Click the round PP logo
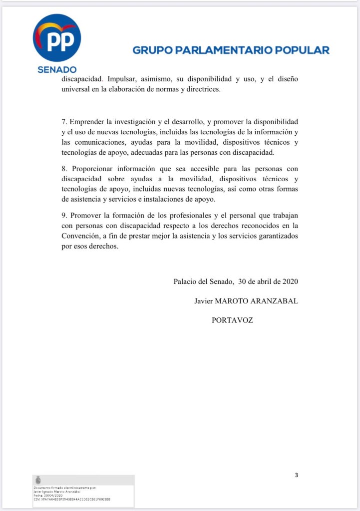pyautogui.click(x=57, y=38)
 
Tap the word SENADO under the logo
pyautogui.click(x=57, y=69)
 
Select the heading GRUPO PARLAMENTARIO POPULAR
pyautogui.click(x=231, y=50)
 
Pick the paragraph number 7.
pyautogui.click(x=64, y=122)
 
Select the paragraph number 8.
pyautogui.click(x=64, y=168)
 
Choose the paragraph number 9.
pyautogui.click(x=64, y=215)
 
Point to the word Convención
pyautogui.click(x=82, y=236)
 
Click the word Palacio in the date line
pyautogui.click(x=185, y=281)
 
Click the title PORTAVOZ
pyautogui.click(x=232, y=320)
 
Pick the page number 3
pyautogui.click(x=296, y=475)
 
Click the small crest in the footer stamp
pyautogui.click(x=38, y=480)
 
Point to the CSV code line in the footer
pyautogui.click(x=72, y=499)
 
